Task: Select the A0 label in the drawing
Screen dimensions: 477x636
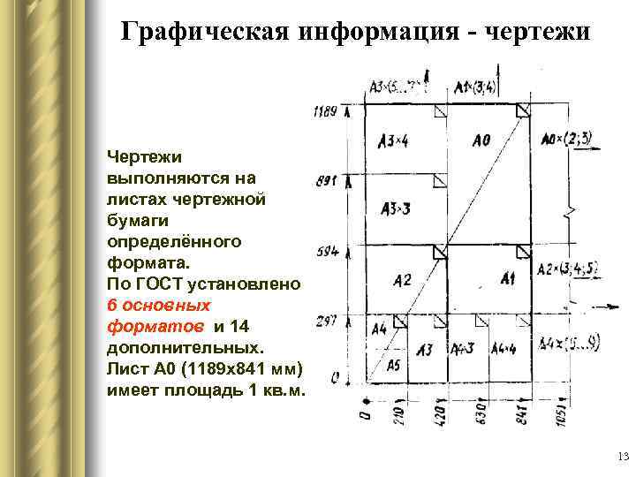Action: [x=481, y=139]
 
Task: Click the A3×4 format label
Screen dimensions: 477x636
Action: [x=393, y=140]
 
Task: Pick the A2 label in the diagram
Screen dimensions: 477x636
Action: [x=402, y=280]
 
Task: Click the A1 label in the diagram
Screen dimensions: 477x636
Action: [x=507, y=279]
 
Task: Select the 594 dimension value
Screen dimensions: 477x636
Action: [x=327, y=252]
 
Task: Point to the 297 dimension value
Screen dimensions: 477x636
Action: [x=326, y=321]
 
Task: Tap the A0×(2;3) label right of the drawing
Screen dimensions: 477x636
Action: [x=565, y=138]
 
